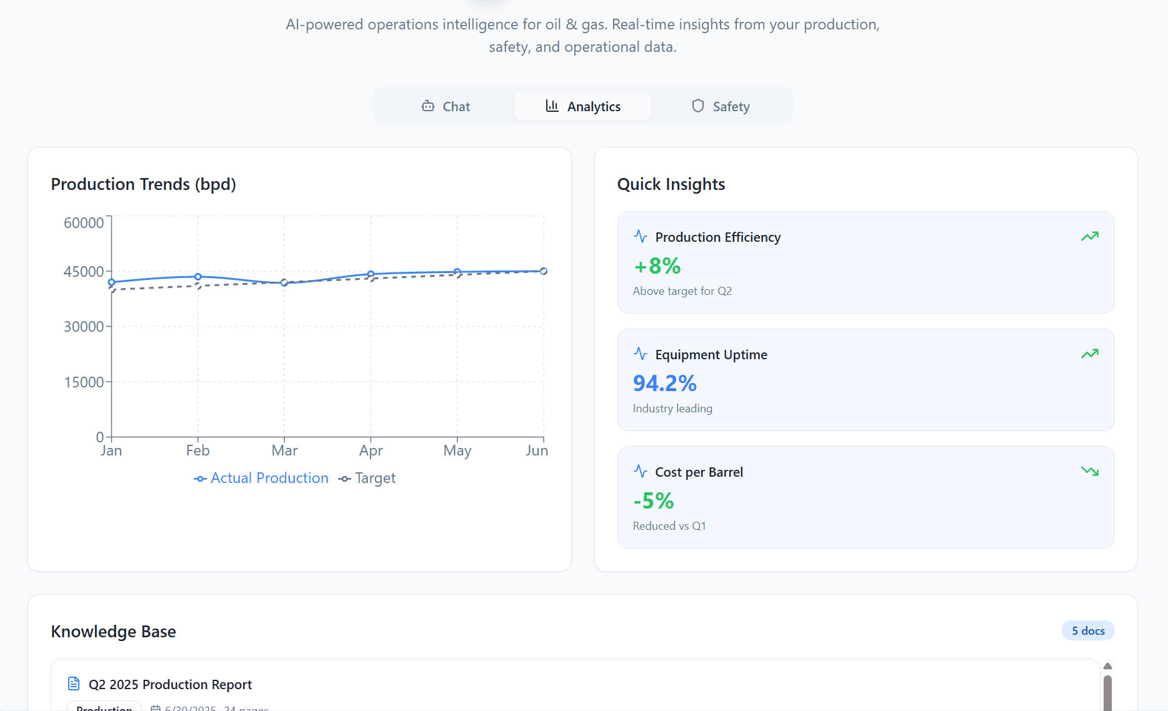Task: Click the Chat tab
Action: tap(446, 106)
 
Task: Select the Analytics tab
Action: tap(583, 106)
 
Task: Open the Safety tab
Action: tap(721, 106)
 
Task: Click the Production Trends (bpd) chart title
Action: tap(143, 184)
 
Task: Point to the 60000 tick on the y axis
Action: tap(84, 223)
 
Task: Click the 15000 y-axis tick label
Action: tap(84, 382)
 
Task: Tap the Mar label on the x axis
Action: tap(284, 450)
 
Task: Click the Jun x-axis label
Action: tap(537, 450)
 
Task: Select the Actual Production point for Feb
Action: tap(198, 277)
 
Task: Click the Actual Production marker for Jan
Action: tap(112, 282)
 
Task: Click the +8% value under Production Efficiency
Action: tap(657, 266)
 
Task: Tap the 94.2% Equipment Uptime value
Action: tap(664, 384)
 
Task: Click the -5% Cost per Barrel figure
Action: tap(654, 501)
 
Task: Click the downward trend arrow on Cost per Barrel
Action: tap(1090, 471)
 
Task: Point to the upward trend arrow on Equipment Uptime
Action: tap(1090, 354)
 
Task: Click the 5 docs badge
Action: tap(1088, 631)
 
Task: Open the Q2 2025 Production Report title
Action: tap(170, 685)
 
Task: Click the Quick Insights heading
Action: tap(671, 184)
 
